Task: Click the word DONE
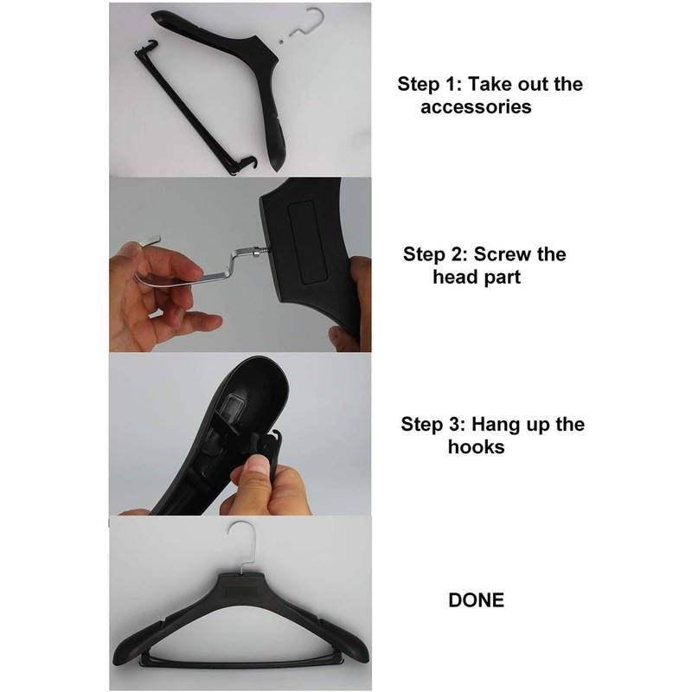476,599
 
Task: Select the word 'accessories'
475,107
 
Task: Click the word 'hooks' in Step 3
477,448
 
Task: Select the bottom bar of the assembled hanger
238,662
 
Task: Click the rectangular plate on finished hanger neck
238,588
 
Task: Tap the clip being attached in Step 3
268,450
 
